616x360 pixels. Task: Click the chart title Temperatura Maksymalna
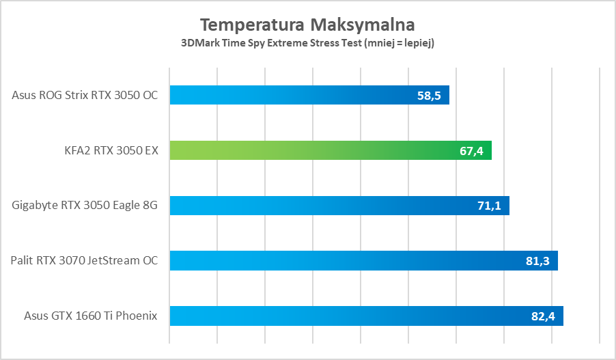[307, 25]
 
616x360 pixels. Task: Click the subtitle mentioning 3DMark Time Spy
[307, 43]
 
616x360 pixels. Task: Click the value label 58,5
[428, 96]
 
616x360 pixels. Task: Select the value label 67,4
[471, 151]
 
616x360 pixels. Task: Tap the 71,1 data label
[489, 206]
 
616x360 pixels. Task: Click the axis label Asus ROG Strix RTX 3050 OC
[85, 95]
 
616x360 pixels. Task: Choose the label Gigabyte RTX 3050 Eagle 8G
[85, 205]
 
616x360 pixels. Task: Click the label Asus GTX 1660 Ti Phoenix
[91, 316]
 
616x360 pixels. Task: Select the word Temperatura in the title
[252, 25]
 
